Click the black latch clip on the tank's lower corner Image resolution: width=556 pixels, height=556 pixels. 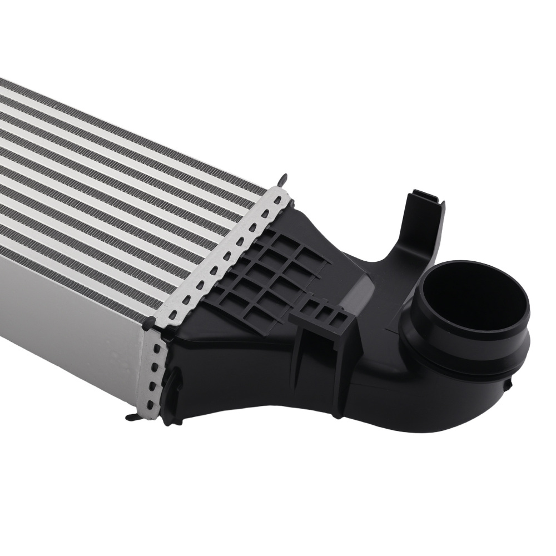pos(173,384)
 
